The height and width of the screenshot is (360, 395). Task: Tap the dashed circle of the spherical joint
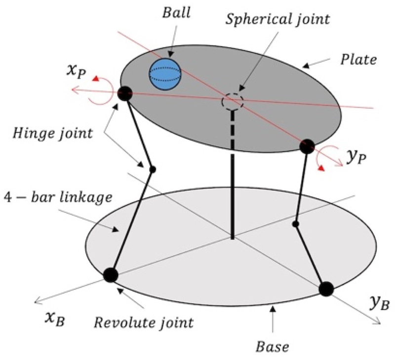click(x=233, y=102)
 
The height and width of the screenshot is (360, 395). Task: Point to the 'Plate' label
click(x=359, y=60)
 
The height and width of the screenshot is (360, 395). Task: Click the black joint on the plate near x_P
click(x=125, y=93)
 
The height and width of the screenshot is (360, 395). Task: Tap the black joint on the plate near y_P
click(x=307, y=145)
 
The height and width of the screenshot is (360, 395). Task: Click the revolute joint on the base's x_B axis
click(x=111, y=275)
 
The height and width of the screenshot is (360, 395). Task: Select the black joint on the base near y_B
click(x=326, y=288)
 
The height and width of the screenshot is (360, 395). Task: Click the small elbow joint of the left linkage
click(x=153, y=169)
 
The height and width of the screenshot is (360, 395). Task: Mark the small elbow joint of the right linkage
click(x=295, y=224)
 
